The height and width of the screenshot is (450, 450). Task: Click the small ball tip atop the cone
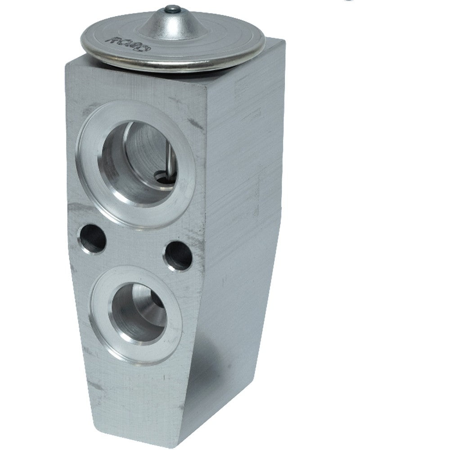click(170, 9)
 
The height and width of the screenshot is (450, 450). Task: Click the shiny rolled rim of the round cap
click(180, 65)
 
